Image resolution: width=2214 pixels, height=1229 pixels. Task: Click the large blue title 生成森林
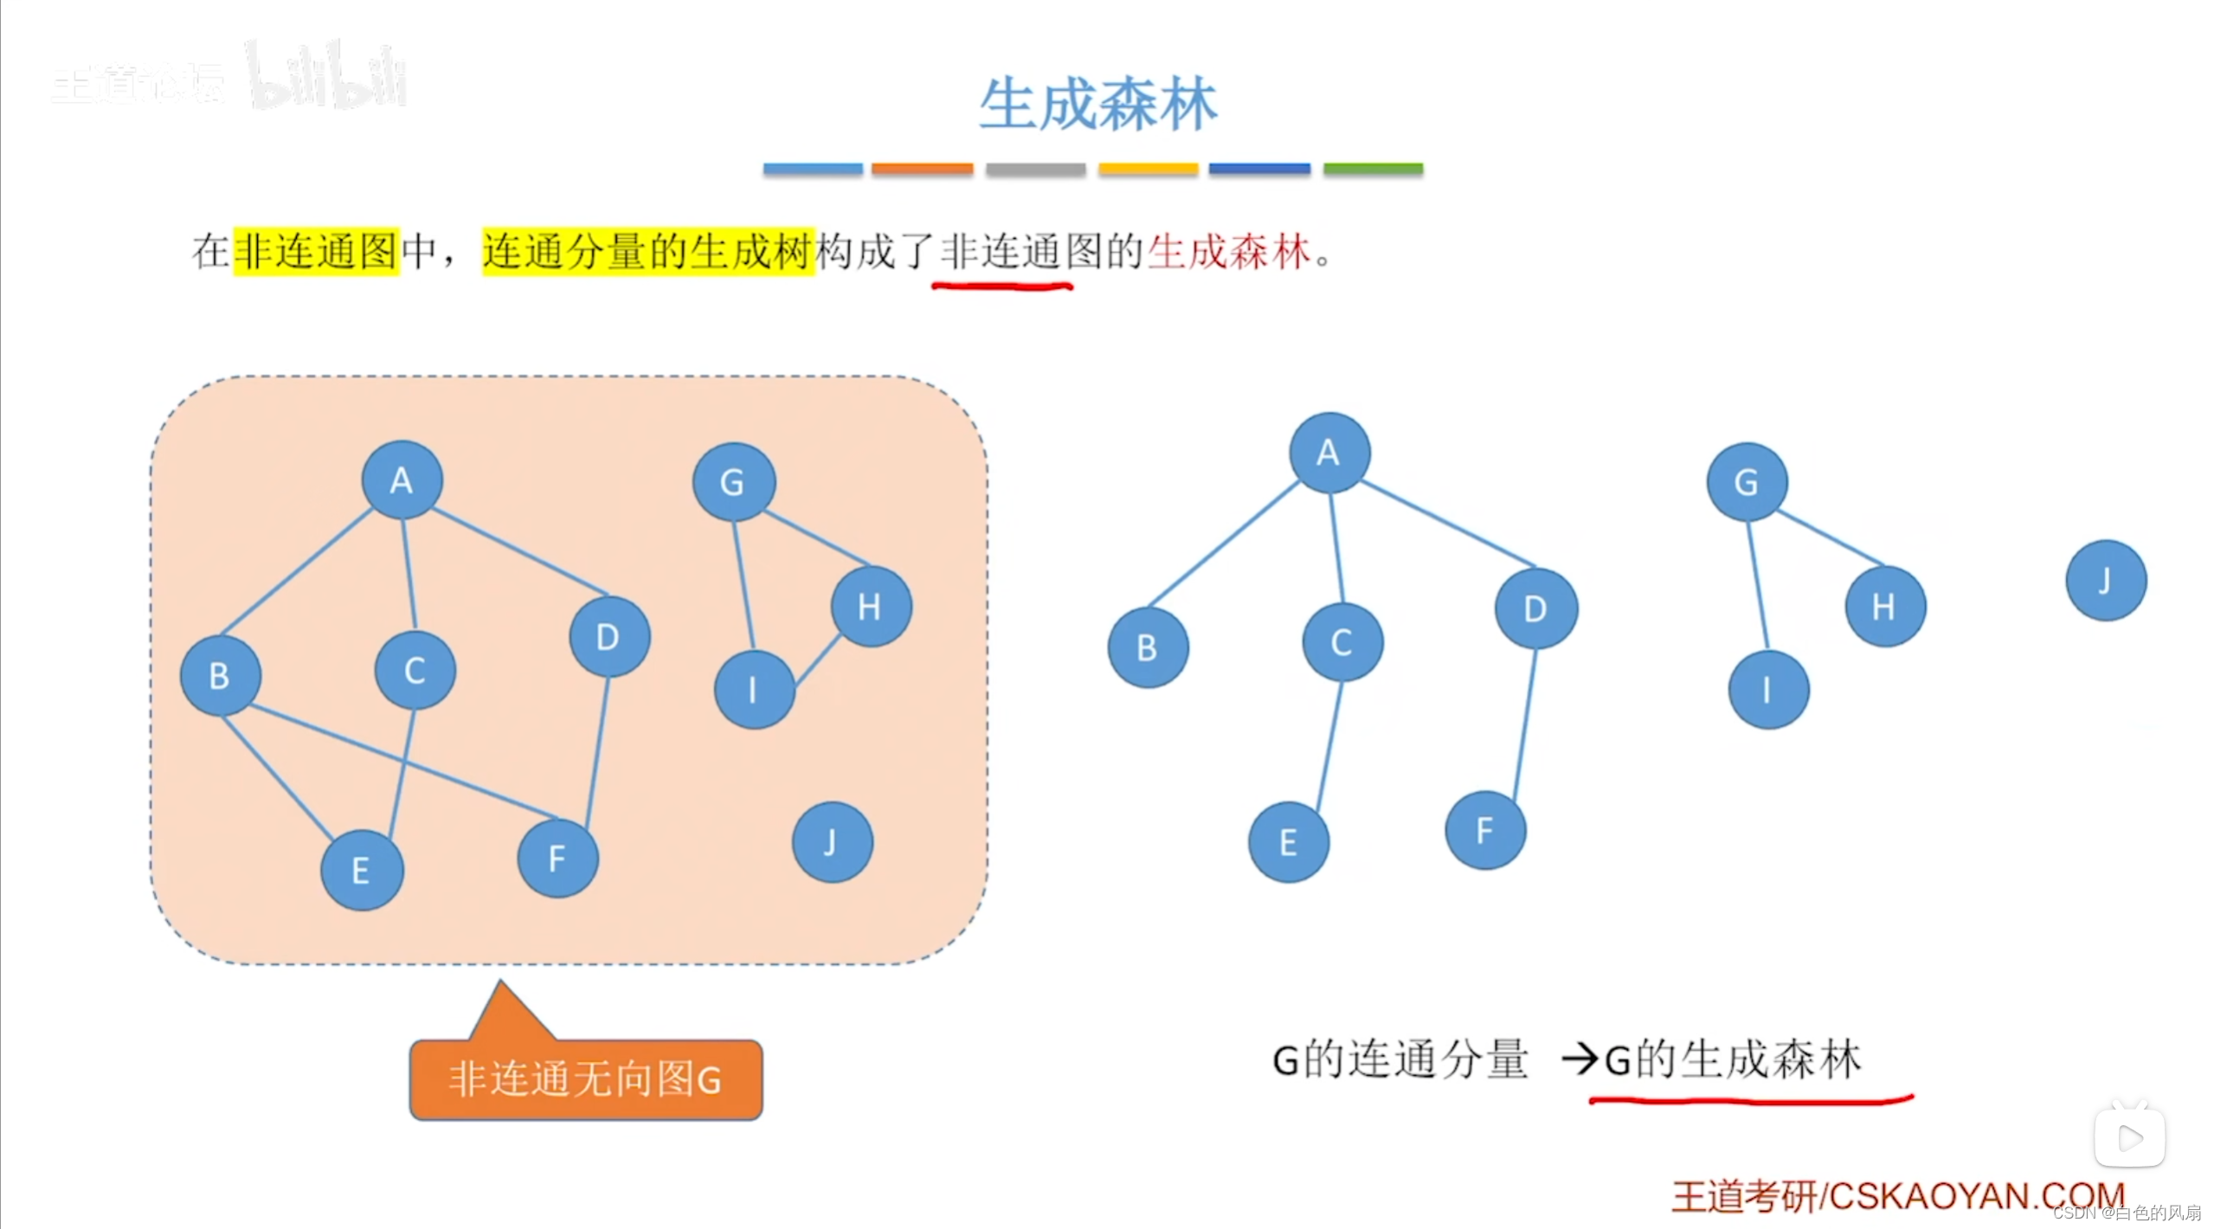point(1097,105)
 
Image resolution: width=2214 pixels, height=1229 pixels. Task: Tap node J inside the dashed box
point(832,842)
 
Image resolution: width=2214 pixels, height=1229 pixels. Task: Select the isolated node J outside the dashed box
point(2105,581)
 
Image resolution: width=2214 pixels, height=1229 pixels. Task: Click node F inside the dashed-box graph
point(557,858)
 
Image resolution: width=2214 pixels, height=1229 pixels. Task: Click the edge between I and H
point(818,660)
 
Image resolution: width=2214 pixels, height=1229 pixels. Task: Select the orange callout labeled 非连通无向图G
point(586,1079)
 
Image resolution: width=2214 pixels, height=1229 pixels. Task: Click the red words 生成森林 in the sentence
point(1229,253)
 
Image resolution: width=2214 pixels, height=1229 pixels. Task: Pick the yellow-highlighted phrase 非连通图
point(316,252)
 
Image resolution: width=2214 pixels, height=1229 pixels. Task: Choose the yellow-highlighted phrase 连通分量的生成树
point(648,252)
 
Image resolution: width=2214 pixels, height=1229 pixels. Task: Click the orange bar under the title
point(922,169)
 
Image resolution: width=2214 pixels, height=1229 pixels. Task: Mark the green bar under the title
point(1373,169)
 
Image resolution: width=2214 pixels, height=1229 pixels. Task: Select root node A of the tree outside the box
point(1329,453)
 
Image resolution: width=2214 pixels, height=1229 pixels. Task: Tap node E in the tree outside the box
point(1288,842)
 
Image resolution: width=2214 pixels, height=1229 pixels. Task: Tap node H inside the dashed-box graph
point(870,607)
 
